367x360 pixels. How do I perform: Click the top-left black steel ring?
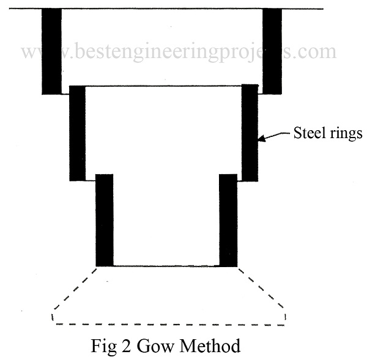pos(51,51)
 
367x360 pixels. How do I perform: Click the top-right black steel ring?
pos(272,51)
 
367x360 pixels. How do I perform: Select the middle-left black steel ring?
pos(77,133)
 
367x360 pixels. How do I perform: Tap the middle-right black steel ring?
pos(250,133)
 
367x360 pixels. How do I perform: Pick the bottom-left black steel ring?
pos(105,220)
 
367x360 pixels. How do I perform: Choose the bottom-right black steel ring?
pos(228,220)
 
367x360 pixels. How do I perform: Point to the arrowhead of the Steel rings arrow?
pos(262,138)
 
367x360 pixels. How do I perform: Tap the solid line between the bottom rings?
pos(166,266)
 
